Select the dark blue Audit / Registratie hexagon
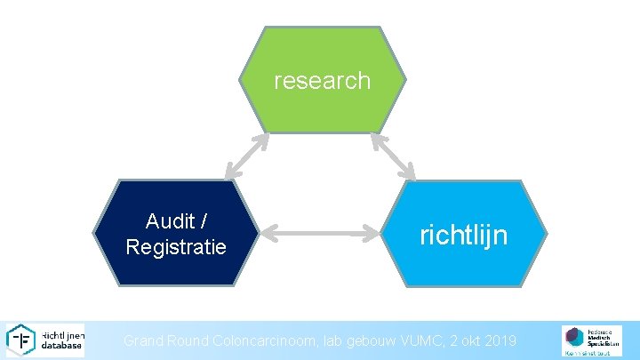pyautogui.click(x=175, y=233)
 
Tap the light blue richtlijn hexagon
pyautogui.click(x=464, y=233)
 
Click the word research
pyautogui.click(x=322, y=81)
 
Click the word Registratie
pyautogui.click(x=176, y=246)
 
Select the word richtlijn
pyautogui.click(x=463, y=235)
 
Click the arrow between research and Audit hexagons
pyautogui.click(x=247, y=156)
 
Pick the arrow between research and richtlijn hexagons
pyautogui.click(x=392, y=156)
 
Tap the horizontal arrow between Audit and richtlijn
pyautogui.click(x=321, y=234)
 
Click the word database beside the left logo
pyautogui.click(x=62, y=346)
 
